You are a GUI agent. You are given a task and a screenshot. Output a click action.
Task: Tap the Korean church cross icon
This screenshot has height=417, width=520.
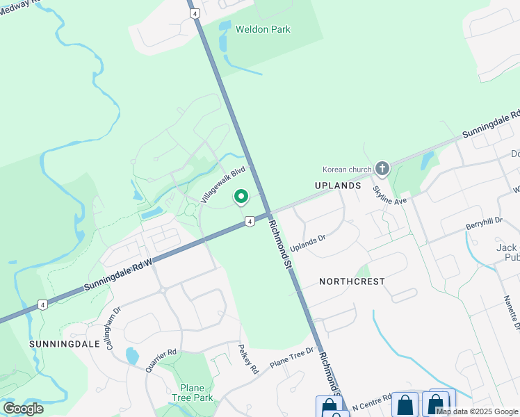(382, 168)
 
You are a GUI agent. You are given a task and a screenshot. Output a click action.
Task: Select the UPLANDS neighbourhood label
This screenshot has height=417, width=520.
(338, 186)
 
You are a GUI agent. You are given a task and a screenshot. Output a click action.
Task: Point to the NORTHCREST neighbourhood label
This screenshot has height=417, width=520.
(352, 281)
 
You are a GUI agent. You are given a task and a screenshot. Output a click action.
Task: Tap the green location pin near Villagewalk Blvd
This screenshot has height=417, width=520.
(241, 198)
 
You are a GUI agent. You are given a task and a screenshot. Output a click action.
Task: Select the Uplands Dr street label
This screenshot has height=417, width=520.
(308, 243)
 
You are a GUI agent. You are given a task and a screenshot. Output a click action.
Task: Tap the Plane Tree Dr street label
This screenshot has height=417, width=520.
(292, 357)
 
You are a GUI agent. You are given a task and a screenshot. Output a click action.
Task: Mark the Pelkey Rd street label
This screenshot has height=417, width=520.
(248, 359)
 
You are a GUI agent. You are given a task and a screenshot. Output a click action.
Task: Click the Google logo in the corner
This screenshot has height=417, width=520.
(23, 409)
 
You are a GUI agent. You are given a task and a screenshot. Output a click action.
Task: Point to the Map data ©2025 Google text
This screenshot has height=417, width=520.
(477, 411)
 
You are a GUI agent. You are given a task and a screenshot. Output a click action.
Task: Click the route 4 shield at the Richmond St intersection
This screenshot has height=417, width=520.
(249, 222)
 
